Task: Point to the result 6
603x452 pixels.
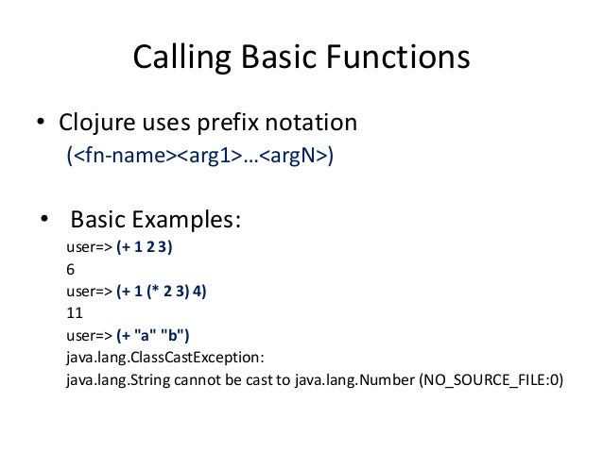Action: tap(70, 270)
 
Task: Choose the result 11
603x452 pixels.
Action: tap(74, 314)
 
